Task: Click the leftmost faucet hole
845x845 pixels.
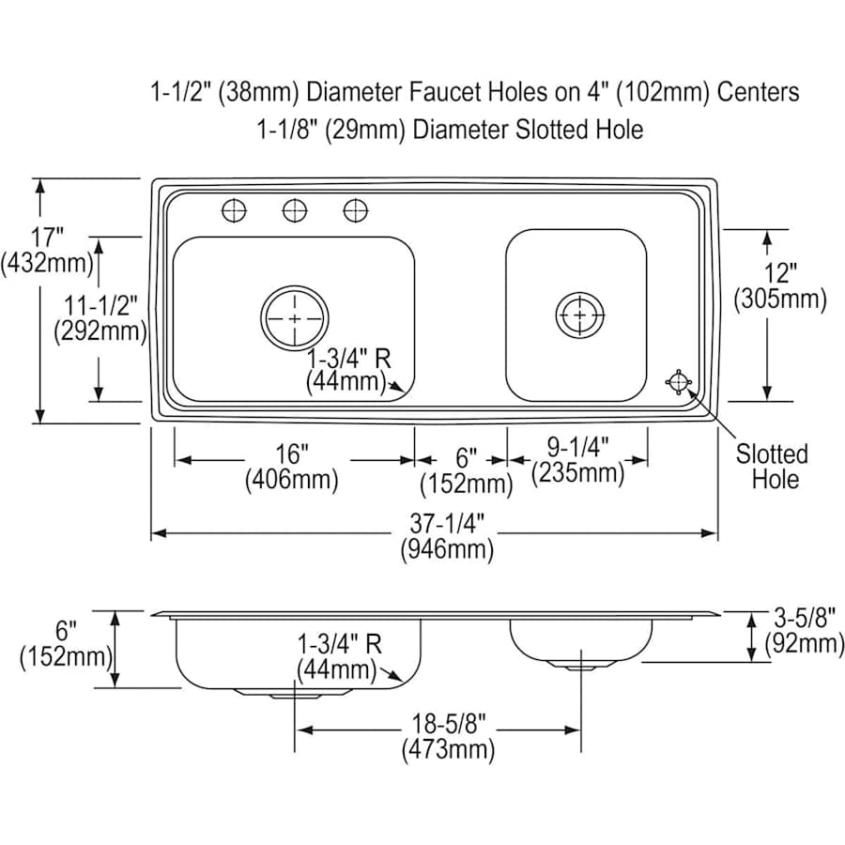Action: [x=234, y=210]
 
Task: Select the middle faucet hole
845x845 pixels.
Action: [x=295, y=210]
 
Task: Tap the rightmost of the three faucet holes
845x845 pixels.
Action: [x=356, y=210]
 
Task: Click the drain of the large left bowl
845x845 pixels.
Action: [x=294, y=318]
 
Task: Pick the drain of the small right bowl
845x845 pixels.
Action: [x=580, y=315]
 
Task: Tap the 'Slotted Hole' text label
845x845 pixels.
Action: [x=773, y=467]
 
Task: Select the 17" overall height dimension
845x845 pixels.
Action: [x=47, y=250]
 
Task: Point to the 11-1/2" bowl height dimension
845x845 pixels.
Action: [x=100, y=318]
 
